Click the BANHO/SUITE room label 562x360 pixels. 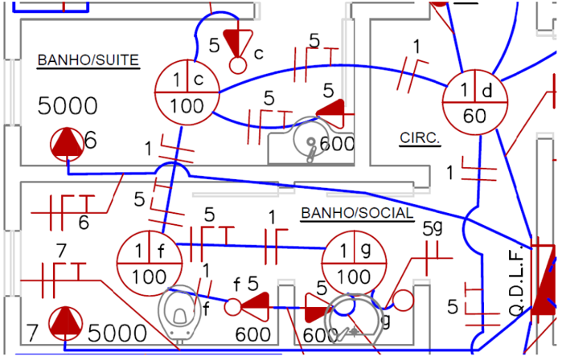point(88,59)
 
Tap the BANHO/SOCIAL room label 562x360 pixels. point(356,213)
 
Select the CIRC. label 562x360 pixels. point(420,138)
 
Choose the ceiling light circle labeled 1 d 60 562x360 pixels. point(475,102)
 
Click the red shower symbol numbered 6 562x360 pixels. point(67,144)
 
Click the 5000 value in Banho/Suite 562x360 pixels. point(68,105)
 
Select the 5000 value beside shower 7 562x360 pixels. point(117,333)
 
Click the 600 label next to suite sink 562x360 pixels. point(337,144)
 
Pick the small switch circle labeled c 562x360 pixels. point(237,63)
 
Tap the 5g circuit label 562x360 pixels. point(433,229)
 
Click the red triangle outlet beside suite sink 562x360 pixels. point(331,111)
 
